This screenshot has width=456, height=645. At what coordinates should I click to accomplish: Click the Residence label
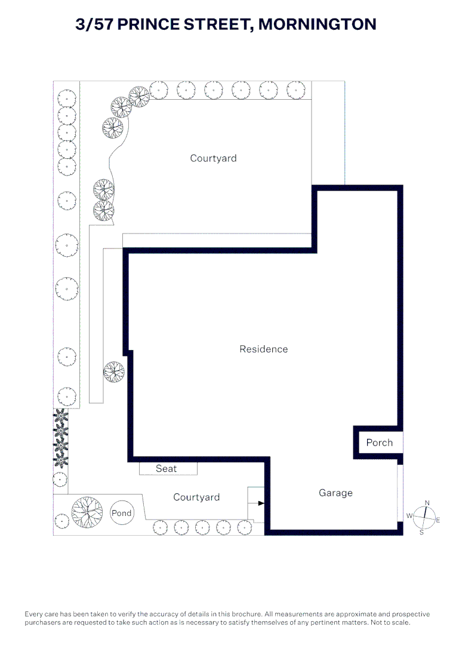pos(264,349)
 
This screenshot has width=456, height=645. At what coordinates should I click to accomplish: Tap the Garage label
pos(335,493)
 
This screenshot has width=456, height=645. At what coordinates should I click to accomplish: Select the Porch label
pos(379,443)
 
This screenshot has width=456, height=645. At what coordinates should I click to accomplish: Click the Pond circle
pos(122,513)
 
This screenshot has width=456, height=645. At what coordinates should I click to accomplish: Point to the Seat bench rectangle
pos(168,469)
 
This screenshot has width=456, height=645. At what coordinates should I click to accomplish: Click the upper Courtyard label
pos(213,158)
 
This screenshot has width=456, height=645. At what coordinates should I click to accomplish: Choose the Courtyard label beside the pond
pos(196,497)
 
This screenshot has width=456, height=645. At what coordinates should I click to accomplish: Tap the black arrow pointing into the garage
pos(261,503)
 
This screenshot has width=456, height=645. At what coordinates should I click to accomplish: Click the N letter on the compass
pos(427,503)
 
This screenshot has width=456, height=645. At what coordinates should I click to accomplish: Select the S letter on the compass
pos(421,532)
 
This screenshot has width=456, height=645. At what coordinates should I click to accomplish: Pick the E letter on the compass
pos(438,520)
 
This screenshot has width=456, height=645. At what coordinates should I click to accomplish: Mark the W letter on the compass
pos(409,515)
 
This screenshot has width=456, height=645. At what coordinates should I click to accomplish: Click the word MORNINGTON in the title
pos(317,24)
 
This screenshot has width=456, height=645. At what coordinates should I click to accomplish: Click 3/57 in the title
pos(94,24)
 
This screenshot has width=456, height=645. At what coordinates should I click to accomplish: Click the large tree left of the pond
pos(87,512)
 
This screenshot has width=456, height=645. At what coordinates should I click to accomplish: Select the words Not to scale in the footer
pos(390,622)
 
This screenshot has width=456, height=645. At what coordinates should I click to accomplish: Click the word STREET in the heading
pos(218,24)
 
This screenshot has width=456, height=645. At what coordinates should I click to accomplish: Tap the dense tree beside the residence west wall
pos(114,372)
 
